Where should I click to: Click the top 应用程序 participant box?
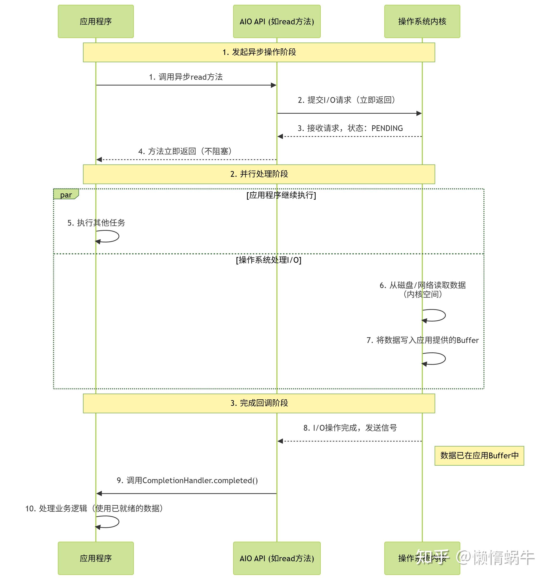[x=96, y=21]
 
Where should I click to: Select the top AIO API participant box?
[x=277, y=21]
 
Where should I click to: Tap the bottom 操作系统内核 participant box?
[x=422, y=558]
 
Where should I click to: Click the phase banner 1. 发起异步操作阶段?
[x=259, y=52]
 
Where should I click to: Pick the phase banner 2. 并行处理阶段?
[x=259, y=174]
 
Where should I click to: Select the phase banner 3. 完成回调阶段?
[x=259, y=403]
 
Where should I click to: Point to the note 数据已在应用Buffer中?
[x=479, y=455]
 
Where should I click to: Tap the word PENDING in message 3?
[x=387, y=128]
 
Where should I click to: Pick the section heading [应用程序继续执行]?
[x=281, y=195]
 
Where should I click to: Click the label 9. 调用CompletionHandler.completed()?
[x=187, y=481]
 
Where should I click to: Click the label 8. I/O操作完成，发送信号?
[x=350, y=428]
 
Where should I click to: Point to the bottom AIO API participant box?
[x=277, y=558]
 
